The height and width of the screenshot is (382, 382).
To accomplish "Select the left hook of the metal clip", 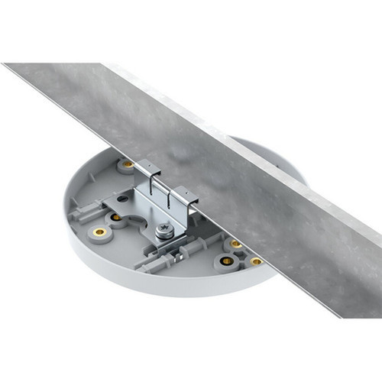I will pyautogui.click(x=149, y=172).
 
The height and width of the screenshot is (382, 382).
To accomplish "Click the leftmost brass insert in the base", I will pyautogui.click(x=99, y=231).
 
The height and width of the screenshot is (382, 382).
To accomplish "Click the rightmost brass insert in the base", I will pyautogui.click(x=255, y=261).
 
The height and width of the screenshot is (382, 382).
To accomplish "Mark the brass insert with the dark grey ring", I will pyautogui.click(x=226, y=262).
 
